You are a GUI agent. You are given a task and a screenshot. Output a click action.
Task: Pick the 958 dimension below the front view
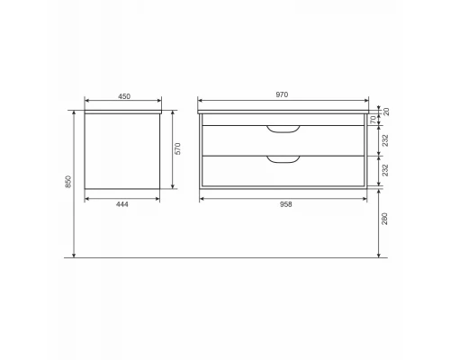(286, 204)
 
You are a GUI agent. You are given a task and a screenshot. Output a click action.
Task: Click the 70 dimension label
(375, 120)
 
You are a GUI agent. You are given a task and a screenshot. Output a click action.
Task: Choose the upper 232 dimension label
(384, 140)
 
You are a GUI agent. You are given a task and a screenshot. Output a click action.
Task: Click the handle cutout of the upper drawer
(283, 131)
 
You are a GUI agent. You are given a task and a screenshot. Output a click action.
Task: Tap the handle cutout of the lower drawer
(283, 161)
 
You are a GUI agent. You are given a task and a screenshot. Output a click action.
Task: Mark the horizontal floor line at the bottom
(225, 258)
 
